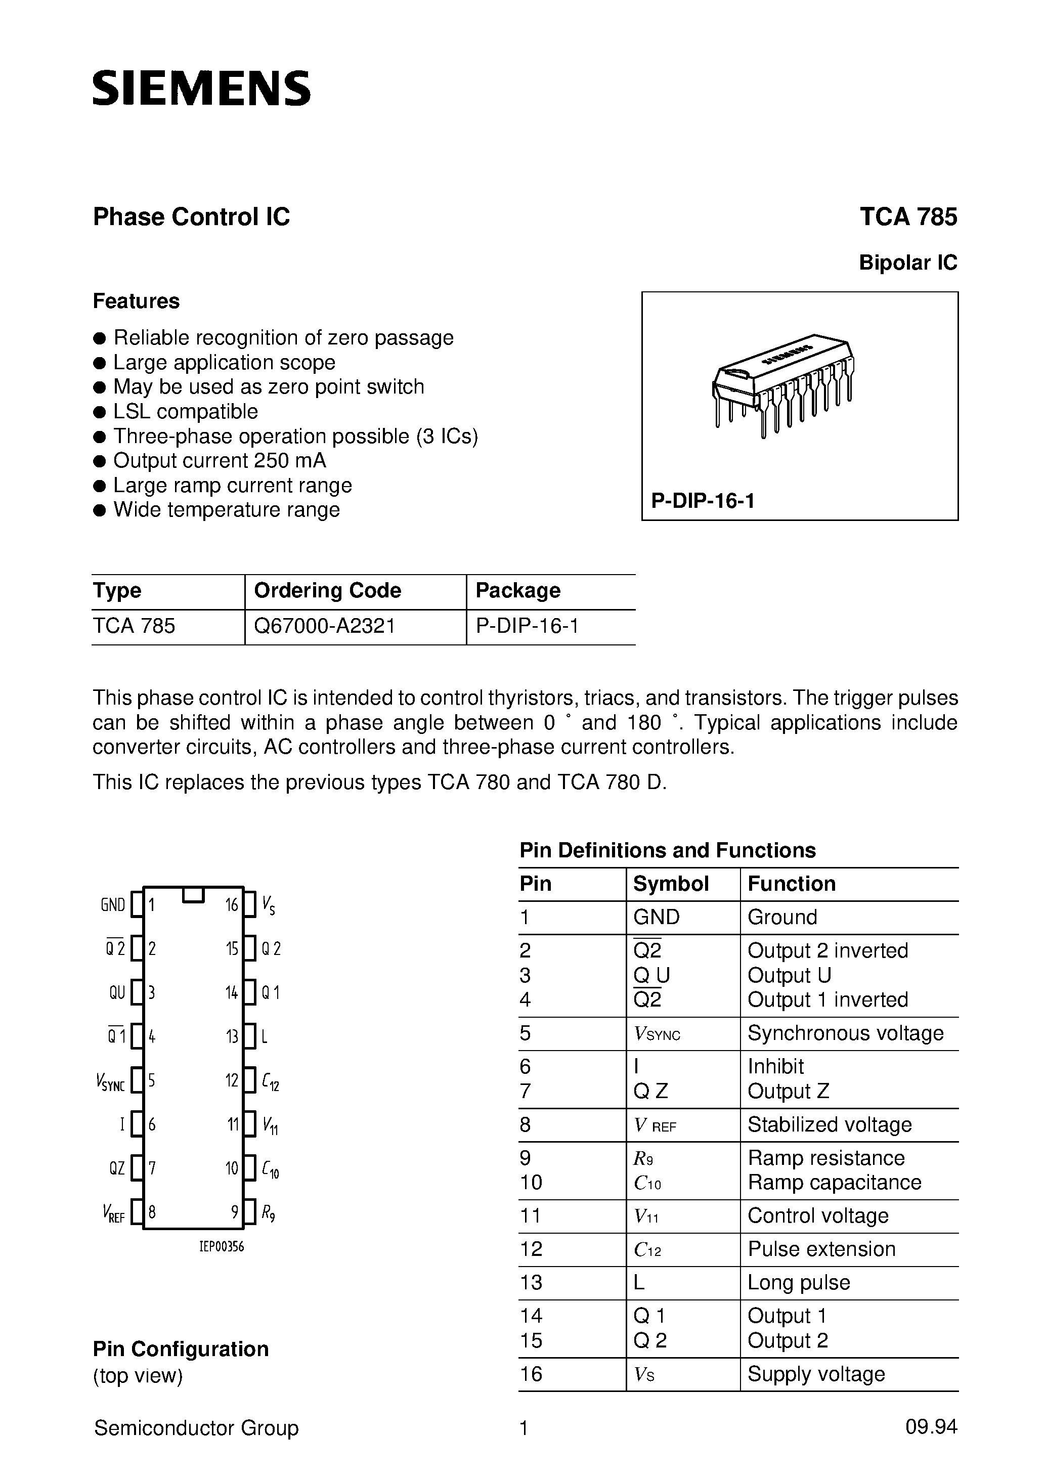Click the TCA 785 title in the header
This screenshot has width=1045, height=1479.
(908, 217)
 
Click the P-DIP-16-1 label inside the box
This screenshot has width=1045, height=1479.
(702, 501)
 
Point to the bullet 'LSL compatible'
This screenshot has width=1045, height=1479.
(186, 412)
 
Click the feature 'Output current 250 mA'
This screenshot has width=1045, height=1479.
(220, 461)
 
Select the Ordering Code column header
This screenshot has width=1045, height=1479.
(327, 591)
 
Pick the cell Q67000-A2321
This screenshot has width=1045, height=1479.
(325, 626)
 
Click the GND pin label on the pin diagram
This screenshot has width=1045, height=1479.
(113, 905)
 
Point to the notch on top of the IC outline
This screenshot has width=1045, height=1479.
(193, 894)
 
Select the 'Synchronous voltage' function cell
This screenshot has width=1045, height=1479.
(845, 1033)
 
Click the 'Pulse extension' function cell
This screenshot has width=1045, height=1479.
(821, 1249)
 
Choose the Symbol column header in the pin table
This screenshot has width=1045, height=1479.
(670, 884)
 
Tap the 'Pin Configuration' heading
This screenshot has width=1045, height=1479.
(181, 1349)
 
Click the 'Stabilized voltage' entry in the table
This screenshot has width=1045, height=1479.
(829, 1125)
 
